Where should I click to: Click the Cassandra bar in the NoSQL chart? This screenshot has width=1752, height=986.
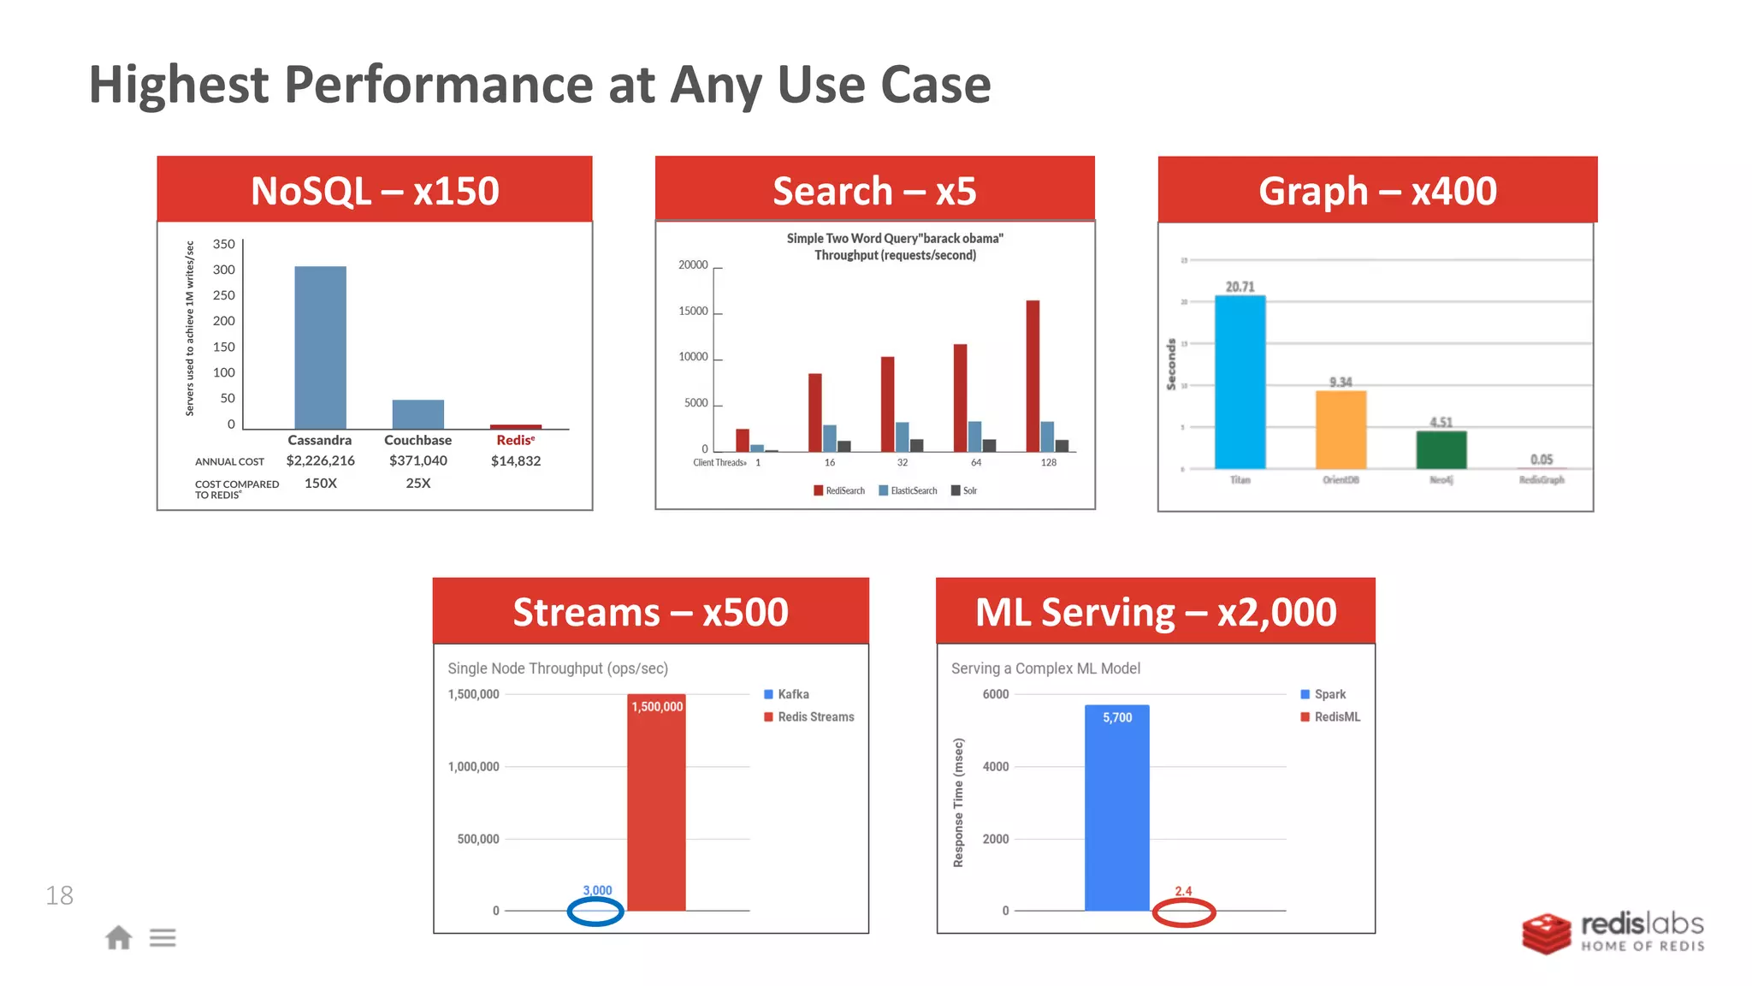[320, 347]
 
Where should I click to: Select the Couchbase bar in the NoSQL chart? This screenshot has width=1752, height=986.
[417, 414]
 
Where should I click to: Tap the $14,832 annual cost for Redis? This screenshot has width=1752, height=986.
[516, 461]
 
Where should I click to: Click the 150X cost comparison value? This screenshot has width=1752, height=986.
[321, 484]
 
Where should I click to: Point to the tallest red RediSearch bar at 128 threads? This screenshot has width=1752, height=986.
[1033, 377]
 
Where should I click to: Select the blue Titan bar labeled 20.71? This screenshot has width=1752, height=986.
[1240, 383]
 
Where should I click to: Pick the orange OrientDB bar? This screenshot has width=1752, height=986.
[1341, 430]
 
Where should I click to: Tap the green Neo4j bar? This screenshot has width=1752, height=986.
[1441, 449]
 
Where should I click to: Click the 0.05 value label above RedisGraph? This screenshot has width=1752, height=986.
[1542, 460]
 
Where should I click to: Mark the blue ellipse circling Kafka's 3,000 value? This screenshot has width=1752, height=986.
[595, 912]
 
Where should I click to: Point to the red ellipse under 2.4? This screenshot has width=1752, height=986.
[1184, 912]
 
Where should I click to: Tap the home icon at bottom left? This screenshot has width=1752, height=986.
[119, 937]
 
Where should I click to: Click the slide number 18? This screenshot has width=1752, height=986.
[59, 896]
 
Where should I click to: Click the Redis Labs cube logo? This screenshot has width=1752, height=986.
[1546, 934]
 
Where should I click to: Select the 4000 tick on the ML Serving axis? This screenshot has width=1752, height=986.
[995, 767]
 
